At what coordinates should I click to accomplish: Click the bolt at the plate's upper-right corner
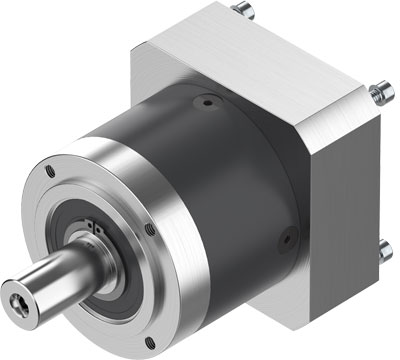point(376,94)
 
